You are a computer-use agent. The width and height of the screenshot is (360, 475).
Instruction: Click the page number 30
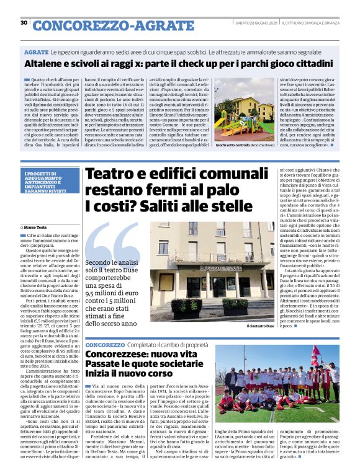point(24,23)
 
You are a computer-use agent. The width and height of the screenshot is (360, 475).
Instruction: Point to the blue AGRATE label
point(36,53)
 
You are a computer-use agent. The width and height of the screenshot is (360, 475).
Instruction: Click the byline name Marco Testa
point(36,228)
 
